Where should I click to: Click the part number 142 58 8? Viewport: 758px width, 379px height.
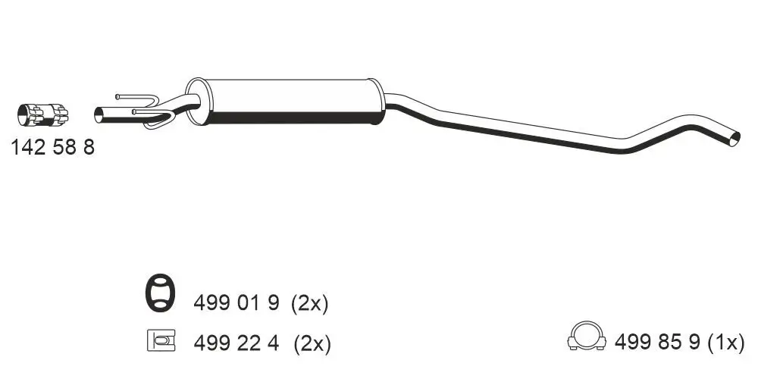click(x=52, y=148)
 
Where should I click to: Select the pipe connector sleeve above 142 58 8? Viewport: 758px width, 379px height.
click(x=42, y=114)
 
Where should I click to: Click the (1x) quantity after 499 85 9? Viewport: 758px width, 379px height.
click(x=726, y=343)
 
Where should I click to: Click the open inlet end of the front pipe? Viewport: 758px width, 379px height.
click(x=99, y=115)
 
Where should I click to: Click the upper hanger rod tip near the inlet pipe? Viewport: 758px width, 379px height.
click(x=119, y=96)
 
